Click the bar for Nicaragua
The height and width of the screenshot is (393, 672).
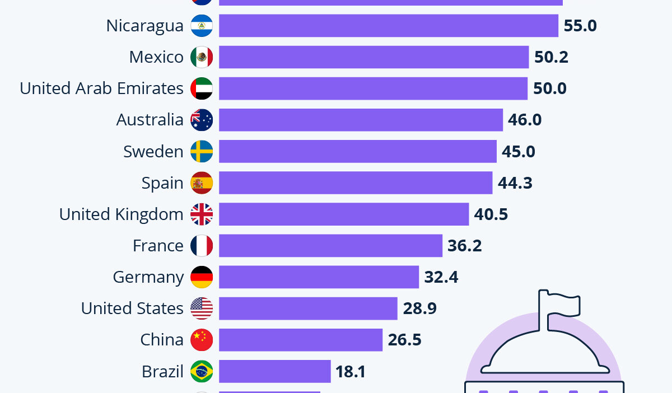(388, 26)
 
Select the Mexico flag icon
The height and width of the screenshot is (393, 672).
(202, 57)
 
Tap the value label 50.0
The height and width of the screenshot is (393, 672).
(550, 88)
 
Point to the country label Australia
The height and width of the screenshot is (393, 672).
(150, 120)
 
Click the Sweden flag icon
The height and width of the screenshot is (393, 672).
(202, 151)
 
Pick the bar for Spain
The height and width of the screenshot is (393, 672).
(355, 183)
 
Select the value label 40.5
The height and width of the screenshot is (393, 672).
(491, 214)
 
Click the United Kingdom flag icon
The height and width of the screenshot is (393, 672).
(202, 214)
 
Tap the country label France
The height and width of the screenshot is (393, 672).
(158, 245)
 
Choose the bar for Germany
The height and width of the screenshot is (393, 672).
(319, 277)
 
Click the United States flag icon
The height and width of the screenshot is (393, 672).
(202, 308)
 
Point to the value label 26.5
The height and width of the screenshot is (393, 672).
(404, 339)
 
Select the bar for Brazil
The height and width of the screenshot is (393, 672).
(274, 371)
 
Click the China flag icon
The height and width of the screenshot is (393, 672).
(202, 339)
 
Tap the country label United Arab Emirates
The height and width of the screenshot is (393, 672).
(101, 88)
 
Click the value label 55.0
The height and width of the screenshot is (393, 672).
(580, 26)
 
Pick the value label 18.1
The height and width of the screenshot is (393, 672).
(351, 371)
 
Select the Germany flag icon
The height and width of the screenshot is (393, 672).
(202, 277)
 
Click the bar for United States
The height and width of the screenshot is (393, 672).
(307, 308)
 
